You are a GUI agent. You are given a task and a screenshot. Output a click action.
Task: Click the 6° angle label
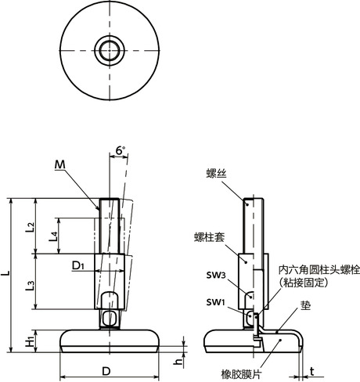coord(119,150)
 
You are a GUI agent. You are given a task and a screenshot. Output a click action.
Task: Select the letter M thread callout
coord(61,164)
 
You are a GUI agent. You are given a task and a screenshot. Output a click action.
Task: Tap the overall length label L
coord(7,274)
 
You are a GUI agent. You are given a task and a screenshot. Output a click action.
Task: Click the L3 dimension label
coord(29,286)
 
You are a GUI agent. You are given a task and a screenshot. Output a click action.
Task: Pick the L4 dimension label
coord(52,237)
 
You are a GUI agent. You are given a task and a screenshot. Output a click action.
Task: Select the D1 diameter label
coord(77,267)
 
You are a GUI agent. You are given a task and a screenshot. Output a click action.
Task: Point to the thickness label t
coord(312,372)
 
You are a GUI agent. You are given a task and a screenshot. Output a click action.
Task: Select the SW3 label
coord(216,276)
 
